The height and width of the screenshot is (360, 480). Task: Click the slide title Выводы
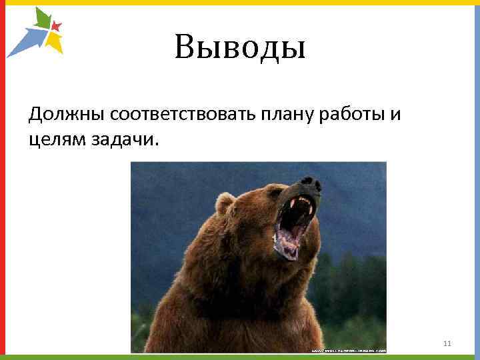[240, 47]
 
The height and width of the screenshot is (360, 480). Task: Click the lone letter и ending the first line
[395, 115]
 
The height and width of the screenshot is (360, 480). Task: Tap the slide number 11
[447, 343]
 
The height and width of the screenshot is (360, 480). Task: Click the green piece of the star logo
[42, 19]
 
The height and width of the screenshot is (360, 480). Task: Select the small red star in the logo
[56, 27]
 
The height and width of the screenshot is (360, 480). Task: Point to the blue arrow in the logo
[27, 40]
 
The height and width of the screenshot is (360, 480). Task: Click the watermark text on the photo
[347, 349]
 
